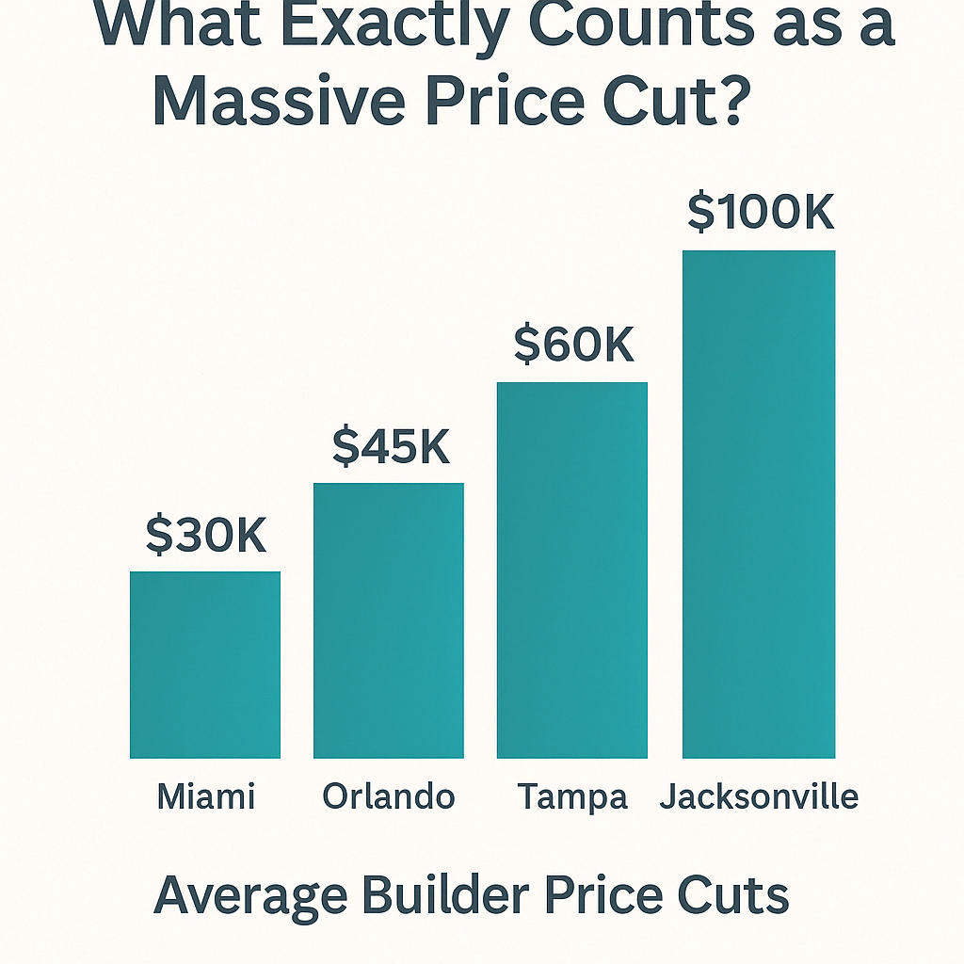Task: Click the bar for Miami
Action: (x=205, y=665)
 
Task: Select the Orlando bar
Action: (x=389, y=620)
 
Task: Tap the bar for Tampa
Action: (x=572, y=570)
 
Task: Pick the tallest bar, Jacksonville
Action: (x=759, y=504)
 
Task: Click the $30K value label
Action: (x=206, y=535)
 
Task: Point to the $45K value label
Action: (x=391, y=446)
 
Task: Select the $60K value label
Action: (x=573, y=345)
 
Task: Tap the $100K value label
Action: (x=761, y=213)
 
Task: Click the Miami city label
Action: (x=205, y=796)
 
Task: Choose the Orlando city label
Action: (x=389, y=796)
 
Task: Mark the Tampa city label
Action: (x=572, y=797)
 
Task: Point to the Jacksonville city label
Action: (x=759, y=797)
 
